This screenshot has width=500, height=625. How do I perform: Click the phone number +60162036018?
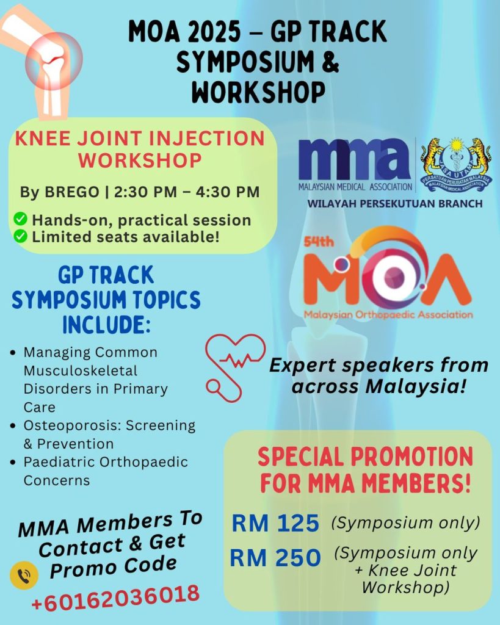tap(115, 596)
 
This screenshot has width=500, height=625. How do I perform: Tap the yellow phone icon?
tap(24, 575)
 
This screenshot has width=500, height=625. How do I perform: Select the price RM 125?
tap(275, 523)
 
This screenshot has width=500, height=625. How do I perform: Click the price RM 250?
tap(275, 557)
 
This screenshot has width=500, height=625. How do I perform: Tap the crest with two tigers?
tap(456, 164)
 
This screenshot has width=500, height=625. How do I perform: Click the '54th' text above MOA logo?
tap(317, 242)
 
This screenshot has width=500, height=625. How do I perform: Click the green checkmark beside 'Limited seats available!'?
tap(20, 236)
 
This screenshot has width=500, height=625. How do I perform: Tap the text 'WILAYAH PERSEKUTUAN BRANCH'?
tap(395, 203)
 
